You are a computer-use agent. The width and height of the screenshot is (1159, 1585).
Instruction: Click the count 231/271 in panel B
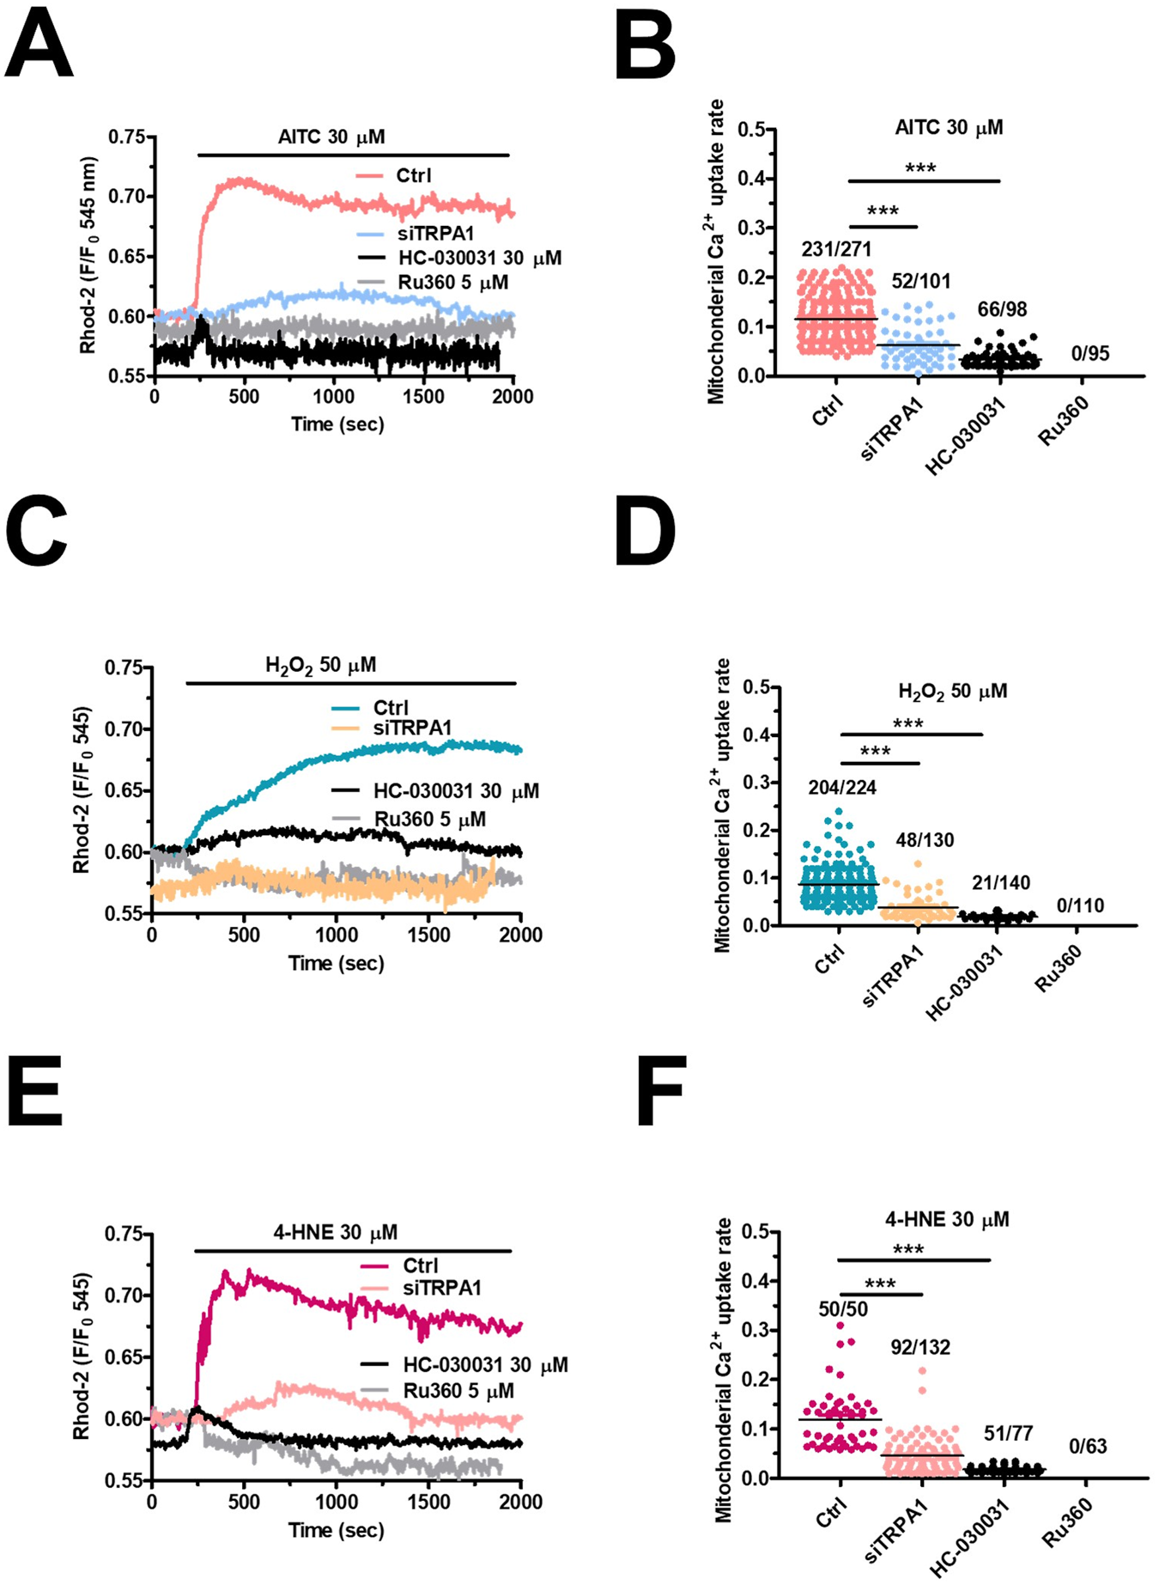[836, 249]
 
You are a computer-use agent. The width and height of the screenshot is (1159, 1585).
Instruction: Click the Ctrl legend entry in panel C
[391, 708]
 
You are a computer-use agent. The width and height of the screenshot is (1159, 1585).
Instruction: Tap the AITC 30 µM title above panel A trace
[331, 137]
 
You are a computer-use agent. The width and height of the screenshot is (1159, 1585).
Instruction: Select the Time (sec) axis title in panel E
[337, 1530]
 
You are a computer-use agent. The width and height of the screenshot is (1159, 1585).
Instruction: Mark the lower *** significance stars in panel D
[875, 753]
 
